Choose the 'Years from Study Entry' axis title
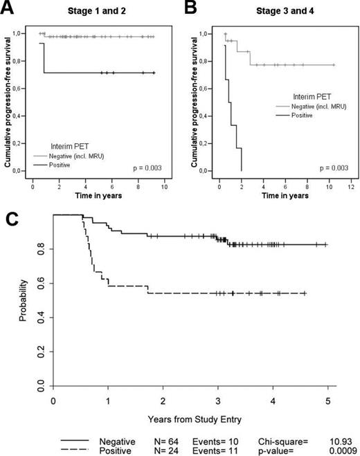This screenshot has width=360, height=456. [x=190, y=419]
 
